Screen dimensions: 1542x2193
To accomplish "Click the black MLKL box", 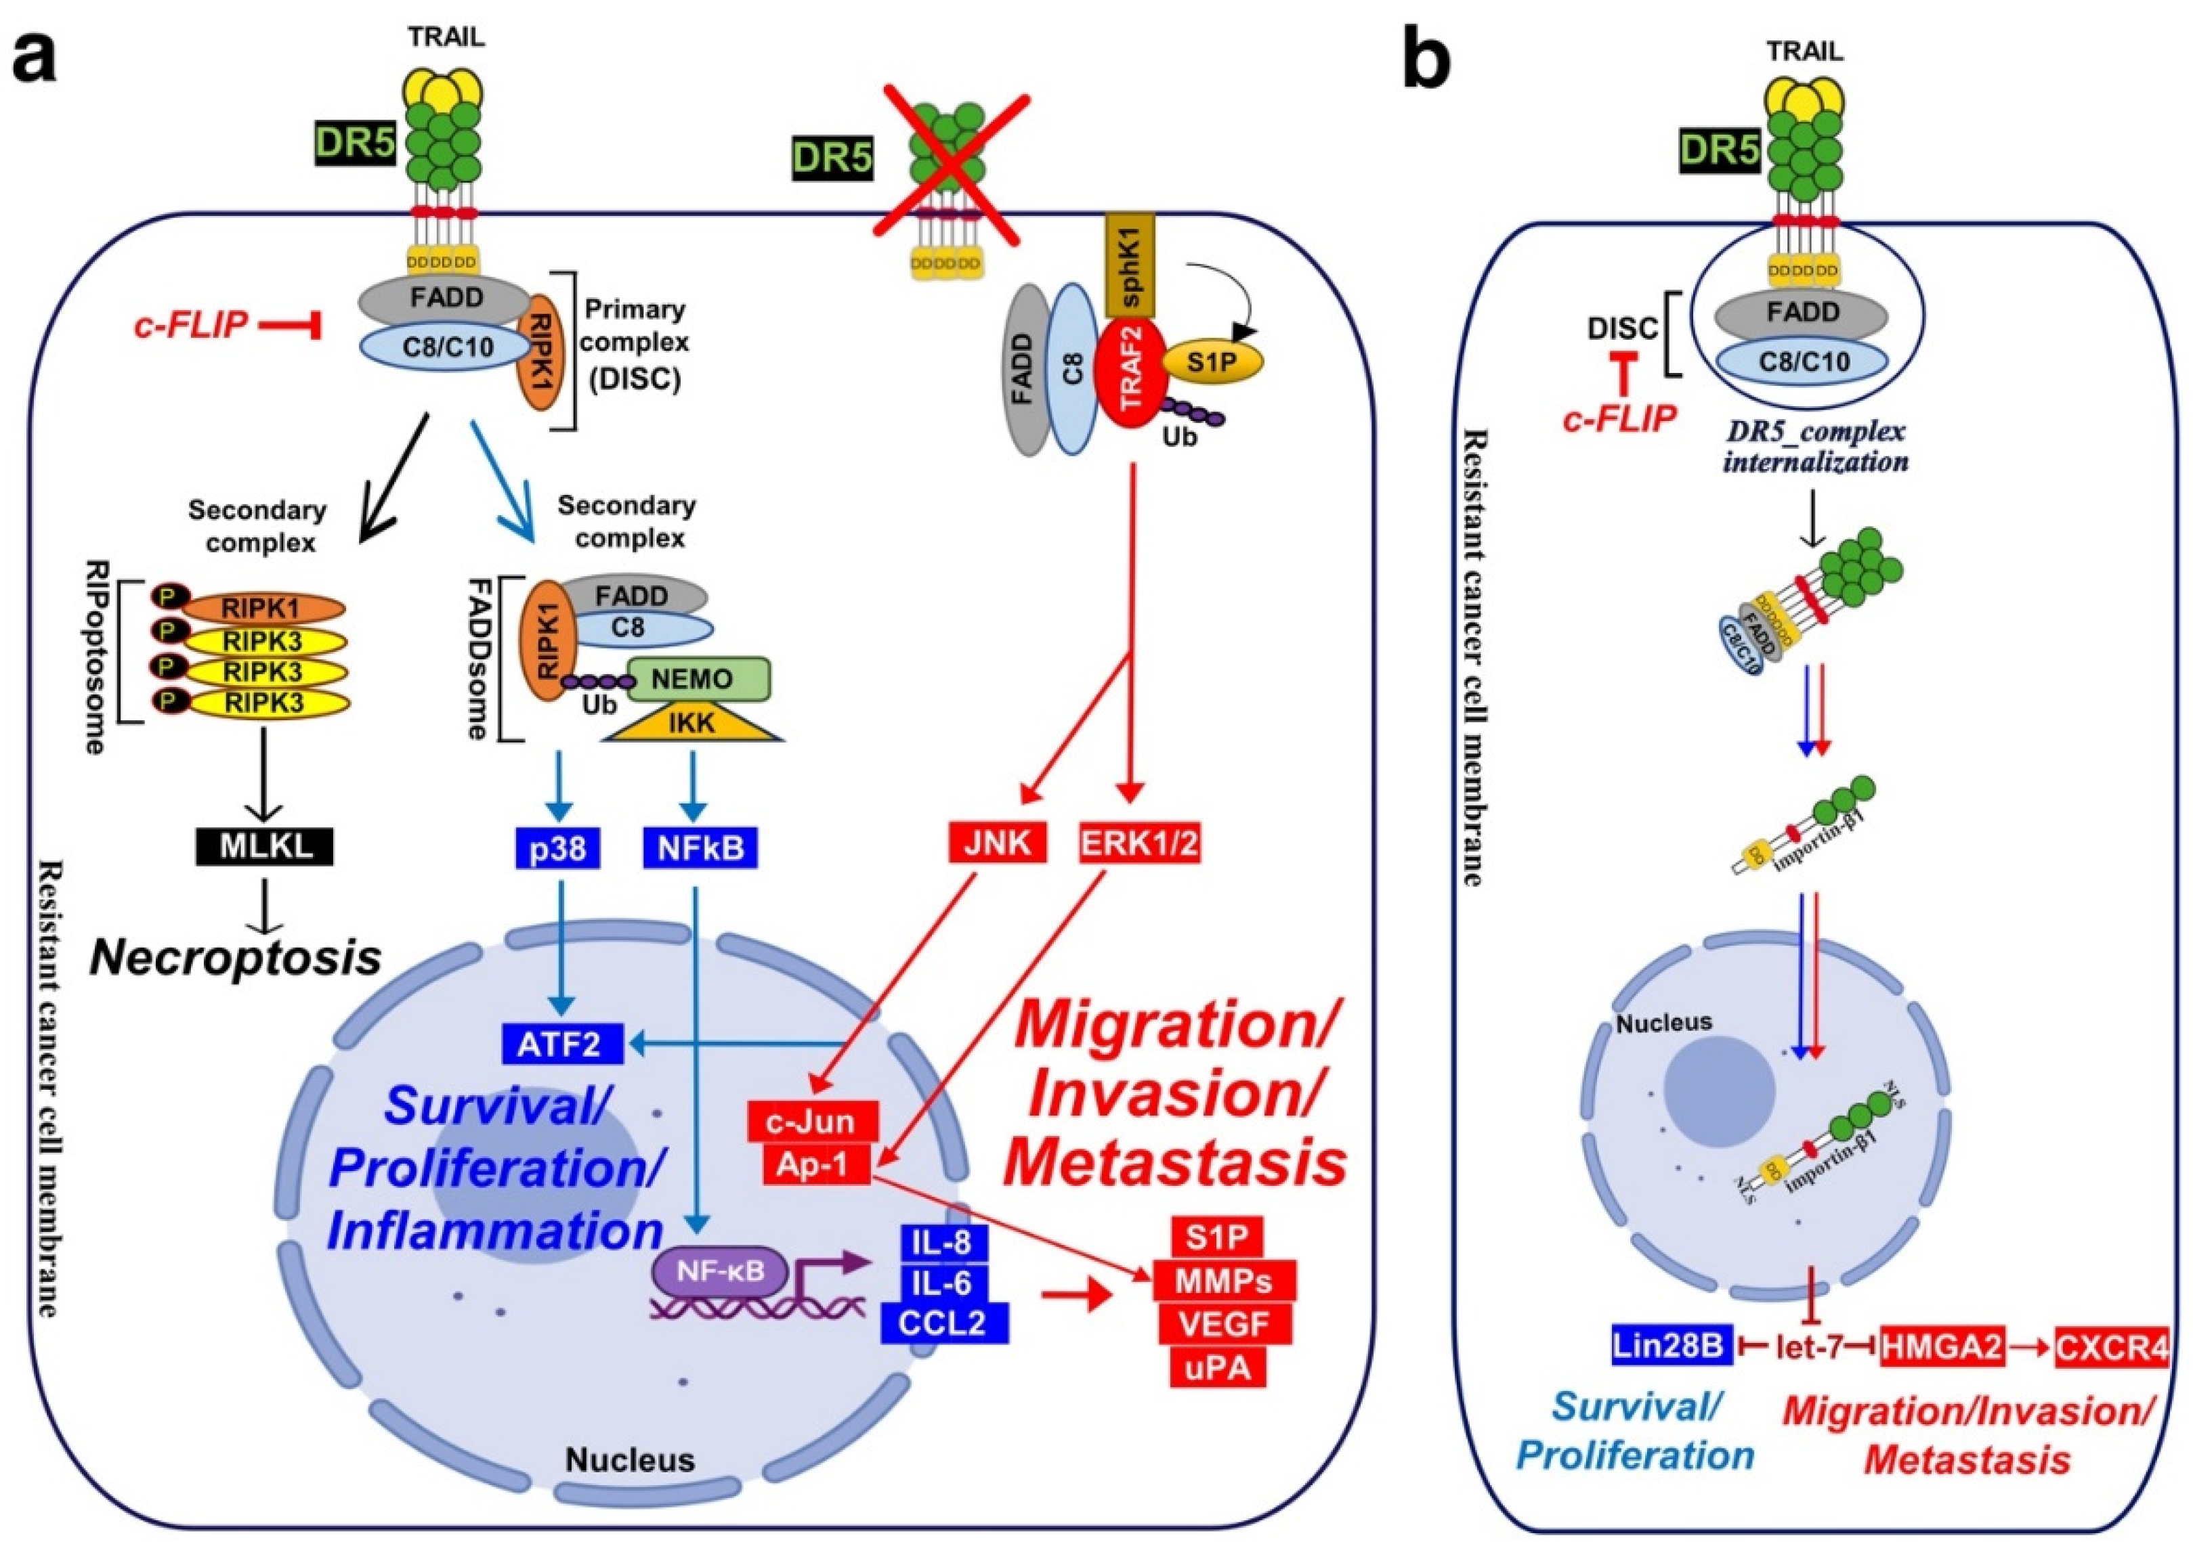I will click(x=265, y=846).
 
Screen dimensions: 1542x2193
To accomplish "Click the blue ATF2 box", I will click(x=561, y=1044).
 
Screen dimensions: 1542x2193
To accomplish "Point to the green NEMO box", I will click(x=691, y=679).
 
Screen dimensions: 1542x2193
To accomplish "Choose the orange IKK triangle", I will click(x=691, y=723).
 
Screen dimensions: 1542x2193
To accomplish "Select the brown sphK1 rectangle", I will click(x=1130, y=265).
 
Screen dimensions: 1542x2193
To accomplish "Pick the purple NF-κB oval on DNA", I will click(x=721, y=1272).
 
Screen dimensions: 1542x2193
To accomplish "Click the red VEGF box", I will click(x=1224, y=1323).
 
